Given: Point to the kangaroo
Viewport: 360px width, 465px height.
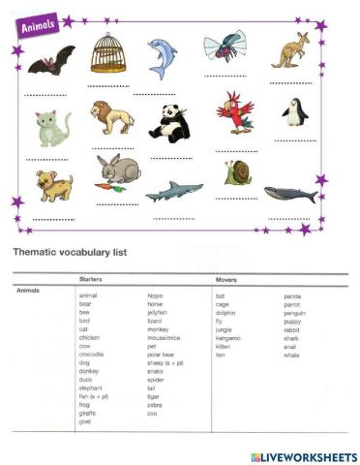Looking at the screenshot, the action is tap(289, 51).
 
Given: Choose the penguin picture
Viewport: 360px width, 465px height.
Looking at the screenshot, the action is tap(294, 112).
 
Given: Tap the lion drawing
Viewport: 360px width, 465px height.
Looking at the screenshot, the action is tap(112, 118).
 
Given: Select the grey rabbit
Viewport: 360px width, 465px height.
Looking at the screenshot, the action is tap(119, 170).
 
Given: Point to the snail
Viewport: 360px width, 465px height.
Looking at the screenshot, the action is tap(237, 172).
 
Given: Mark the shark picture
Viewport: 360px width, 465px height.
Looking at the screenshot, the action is tap(174, 191).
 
